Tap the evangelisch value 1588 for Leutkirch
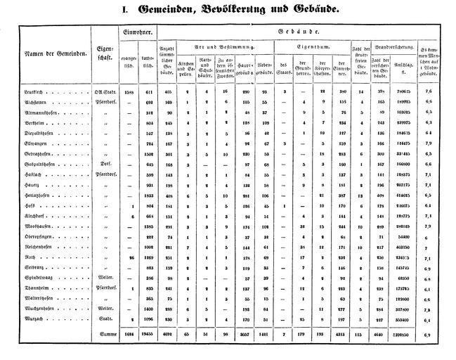(x=129, y=92)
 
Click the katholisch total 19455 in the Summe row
(x=147, y=335)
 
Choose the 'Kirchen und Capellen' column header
(x=186, y=67)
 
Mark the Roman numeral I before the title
(x=125, y=11)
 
